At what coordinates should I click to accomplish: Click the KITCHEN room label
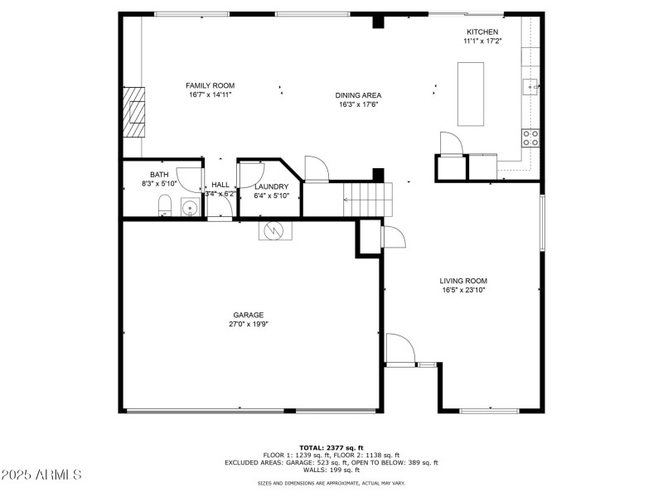coord(482,31)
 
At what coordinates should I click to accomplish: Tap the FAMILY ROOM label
coord(210,85)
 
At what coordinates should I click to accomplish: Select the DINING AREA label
coord(358,95)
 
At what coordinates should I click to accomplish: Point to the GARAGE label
coord(248,315)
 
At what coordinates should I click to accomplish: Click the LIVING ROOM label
coord(462,281)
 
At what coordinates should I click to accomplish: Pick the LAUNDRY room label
coord(271,186)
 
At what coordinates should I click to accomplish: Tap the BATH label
coord(159,175)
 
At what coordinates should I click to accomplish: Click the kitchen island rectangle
coord(471,94)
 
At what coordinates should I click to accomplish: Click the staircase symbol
coord(365,200)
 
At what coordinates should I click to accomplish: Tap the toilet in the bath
coord(164,205)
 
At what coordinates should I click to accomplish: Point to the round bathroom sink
coord(190,208)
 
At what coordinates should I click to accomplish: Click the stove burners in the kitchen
coord(530,138)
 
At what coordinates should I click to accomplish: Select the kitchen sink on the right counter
coord(530,84)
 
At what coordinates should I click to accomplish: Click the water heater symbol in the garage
coord(274,229)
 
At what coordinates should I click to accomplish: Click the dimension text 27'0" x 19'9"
coord(248,324)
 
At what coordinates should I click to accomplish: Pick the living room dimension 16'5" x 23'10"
coord(462,291)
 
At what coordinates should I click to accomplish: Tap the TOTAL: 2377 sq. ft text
coord(331,447)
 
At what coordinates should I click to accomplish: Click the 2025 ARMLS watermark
coord(41,475)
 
